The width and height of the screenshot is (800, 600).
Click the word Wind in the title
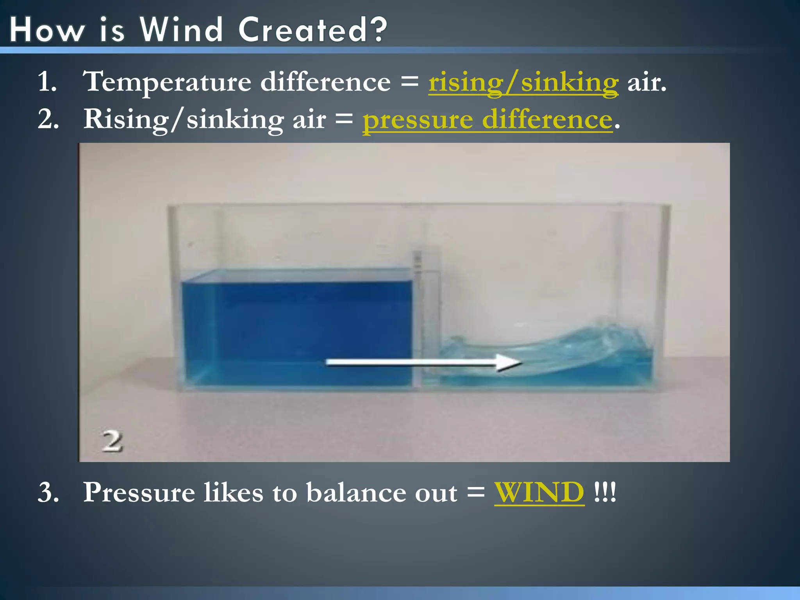181,30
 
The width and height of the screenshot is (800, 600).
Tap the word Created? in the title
312,30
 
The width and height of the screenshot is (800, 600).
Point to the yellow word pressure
418,120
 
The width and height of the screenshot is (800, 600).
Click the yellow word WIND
539,492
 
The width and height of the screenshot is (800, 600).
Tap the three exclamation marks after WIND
604,492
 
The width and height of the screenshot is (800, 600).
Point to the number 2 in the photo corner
112,442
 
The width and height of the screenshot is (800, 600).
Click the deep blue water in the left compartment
297,324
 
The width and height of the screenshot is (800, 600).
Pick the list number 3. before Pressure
48,492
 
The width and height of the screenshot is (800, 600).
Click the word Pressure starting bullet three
139,492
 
